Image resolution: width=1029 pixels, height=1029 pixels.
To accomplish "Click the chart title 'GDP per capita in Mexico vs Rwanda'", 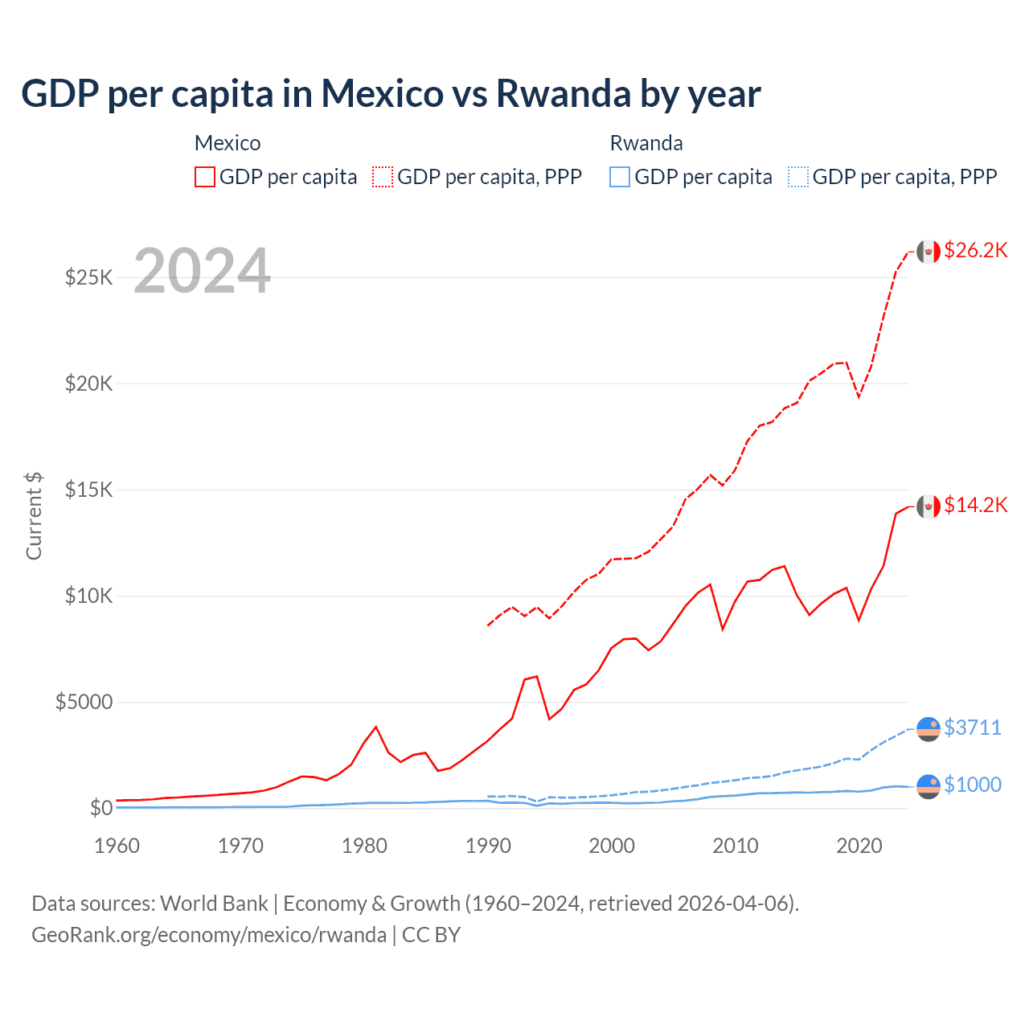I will [391, 93].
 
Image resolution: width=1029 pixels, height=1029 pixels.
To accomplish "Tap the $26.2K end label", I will [975, 250].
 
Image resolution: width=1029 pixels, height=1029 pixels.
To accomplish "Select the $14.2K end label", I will [975, 505].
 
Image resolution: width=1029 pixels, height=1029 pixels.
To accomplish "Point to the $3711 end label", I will [973, 728].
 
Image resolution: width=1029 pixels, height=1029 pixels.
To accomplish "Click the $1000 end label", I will [973, 785].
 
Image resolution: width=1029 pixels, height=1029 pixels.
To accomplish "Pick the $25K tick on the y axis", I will [88, 278].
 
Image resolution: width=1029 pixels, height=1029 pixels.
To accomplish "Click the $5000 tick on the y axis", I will [84, 703].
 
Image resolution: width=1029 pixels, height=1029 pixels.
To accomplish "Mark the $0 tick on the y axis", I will [100, 808].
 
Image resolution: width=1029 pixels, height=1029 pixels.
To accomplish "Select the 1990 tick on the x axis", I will [488, 846].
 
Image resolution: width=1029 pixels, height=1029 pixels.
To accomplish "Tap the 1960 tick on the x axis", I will [117, 846].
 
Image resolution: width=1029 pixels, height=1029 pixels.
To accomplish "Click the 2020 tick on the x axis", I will [859, 846].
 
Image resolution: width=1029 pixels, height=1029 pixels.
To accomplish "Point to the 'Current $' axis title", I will [34, 516].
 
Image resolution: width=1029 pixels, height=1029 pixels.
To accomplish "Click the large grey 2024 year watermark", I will [202, 271].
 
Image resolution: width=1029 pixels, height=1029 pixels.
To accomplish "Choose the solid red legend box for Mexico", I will [205, 177].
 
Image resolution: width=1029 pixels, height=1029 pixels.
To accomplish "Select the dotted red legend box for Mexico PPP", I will [383, 177].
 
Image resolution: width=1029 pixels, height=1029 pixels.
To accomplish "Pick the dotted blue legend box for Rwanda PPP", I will [798, 177].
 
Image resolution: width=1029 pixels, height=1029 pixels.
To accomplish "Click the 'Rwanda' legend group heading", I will [646, 143].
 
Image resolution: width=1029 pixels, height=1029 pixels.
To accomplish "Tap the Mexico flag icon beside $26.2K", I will [929, 252].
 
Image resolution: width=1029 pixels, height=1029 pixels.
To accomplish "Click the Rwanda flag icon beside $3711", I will [929, 728].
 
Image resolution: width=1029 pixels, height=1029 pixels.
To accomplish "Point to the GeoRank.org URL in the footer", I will [209, 935].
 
